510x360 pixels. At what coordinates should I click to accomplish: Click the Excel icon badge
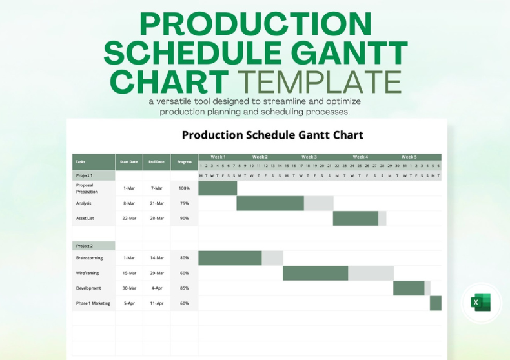point(481,302)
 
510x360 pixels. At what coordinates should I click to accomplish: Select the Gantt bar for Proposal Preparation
point(218,188)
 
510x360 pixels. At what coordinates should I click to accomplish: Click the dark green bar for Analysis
point(270,203)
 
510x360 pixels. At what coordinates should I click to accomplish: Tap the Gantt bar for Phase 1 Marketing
point(436,303)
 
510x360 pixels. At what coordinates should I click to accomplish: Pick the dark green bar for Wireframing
point(315,273)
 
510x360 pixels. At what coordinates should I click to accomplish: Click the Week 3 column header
point(309,157)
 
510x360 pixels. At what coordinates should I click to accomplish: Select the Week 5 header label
point(409,157)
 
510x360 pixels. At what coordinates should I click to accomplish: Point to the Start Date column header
point(128,162)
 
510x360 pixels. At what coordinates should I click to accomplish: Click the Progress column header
point(184,162)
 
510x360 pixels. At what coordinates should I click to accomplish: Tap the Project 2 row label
point(85,246)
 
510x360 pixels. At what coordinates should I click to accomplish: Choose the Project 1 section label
point(85,175)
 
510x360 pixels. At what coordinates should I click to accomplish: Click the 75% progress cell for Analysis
point(184,203)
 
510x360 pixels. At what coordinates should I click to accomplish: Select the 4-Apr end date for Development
point(157,288)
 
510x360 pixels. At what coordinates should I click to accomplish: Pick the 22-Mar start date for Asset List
point(128,218)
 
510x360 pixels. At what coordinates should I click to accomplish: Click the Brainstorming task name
point(89,258)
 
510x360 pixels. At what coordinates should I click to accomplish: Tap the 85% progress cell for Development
point(184,288)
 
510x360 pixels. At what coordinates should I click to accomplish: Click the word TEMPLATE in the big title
point(320,82)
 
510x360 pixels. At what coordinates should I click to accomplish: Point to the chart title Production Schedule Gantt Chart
point(272,135)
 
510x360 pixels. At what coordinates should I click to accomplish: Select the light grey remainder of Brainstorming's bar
point(272,258)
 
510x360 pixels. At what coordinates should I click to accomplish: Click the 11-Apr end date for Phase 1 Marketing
point(157,303)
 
